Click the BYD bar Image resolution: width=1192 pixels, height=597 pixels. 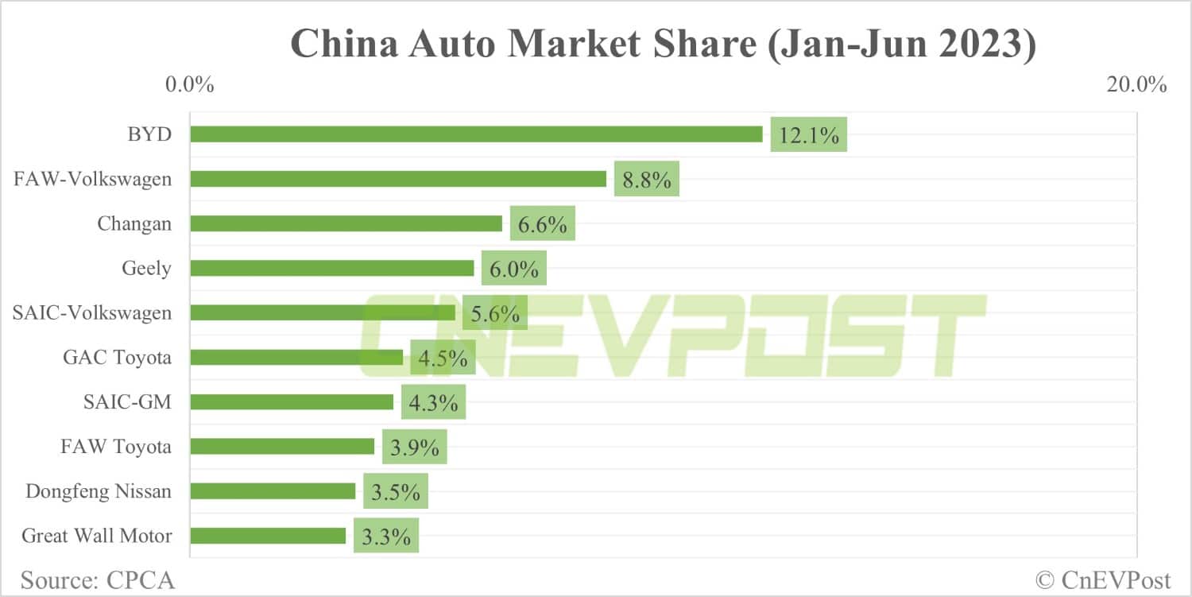pyautogui.click(x=476, y=134)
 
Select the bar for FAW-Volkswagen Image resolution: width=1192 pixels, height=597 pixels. pyautogui.click(x=398, y=179)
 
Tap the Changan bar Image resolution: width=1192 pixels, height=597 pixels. pyautogui.click(x=346, y=223)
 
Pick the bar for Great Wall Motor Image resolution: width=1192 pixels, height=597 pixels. pyautogui.click(x=268, y=536)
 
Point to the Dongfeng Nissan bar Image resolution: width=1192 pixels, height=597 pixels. pyautogui.click(x=273, y=491)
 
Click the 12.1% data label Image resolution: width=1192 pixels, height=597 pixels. pyautogui.click(x=809, y=135)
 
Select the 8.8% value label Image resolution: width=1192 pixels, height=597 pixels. pyautogui.click(x=647, y=180)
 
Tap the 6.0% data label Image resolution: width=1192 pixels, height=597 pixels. pyautogui.click(x=514, y=269)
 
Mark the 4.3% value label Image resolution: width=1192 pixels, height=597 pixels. pyautogui.click(x=433, y=402)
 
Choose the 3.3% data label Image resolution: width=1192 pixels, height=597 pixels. pyautogui.click(x=386, y=537)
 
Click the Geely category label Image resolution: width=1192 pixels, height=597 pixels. pyautogui.click(x=146, y=269)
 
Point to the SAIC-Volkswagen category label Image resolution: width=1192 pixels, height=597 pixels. pyautogui.click(x=92, y=313)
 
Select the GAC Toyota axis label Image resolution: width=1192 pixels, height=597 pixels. pyautogui.click(x=118, y=358)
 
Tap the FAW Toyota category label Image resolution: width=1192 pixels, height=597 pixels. pyautogui.click(x=116, y=447)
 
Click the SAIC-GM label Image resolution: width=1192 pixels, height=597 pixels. pyautogui.click(x=127, y=402)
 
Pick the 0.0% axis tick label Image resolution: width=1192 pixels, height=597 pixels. pyautogui.click(x=189, y=84)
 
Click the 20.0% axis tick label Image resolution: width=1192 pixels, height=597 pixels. pyautogui.click(x=1136, y=84)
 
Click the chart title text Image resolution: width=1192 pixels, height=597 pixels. pyautogui.click(x=664, y=44)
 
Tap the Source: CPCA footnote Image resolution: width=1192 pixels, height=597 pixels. pyautogui.click(x=98, y=580)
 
